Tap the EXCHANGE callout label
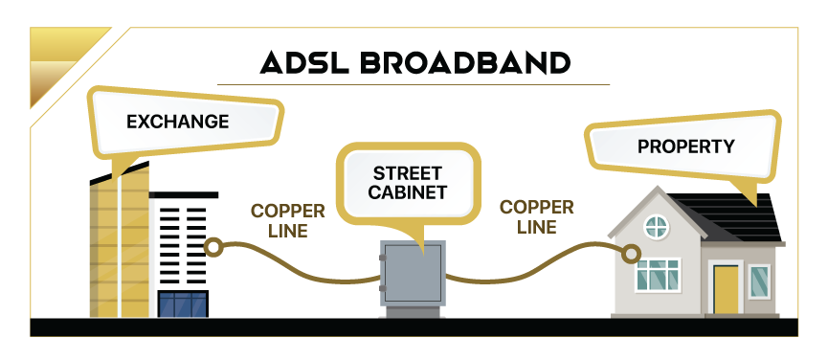177,122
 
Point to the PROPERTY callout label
685,146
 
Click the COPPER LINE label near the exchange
287,219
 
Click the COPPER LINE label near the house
537,216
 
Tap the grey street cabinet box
413,273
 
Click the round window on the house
656,227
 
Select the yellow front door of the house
726,289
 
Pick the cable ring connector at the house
631,253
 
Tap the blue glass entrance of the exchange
182,304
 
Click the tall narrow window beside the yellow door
758,282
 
